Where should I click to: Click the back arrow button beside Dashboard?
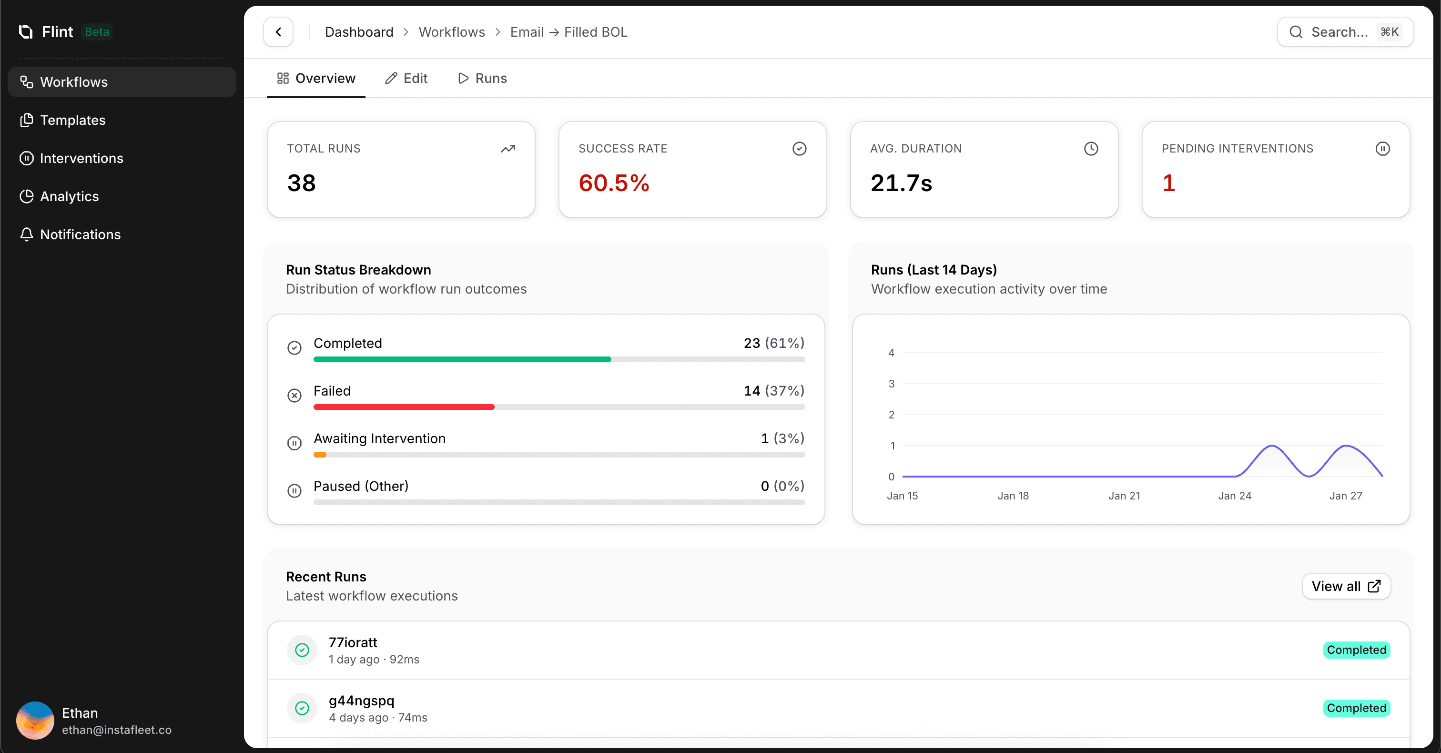click(x=278, y=32)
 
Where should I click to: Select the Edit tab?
click(x=406, y=78)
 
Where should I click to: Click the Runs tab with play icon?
click(x=482, y=78)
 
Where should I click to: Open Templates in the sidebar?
click(x=73, y=120)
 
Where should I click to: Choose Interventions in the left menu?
click(x=81, y=158)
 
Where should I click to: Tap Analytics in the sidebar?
click(x=70, y=196)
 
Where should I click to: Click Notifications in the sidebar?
click(x=81, y=234)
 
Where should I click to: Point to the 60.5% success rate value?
click(x=614, y=183)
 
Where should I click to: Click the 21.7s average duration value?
click(x=901, y=183)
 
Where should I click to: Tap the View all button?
click(x=1346, y=586)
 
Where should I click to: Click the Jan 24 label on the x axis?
click(x=1235, y=496)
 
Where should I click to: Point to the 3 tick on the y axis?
click(x=891, y=384)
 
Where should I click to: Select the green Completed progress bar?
click(x=462, y=359)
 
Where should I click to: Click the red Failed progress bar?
click(x=404, y=407)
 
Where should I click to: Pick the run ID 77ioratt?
click(x=353, y=642)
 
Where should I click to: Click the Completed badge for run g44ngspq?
click(x=1356, y=708)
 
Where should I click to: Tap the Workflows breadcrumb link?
click(x=451, y=32)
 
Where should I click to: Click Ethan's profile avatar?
click(x=35, y=721)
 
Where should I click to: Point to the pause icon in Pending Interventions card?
click(x=1382, y=149)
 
